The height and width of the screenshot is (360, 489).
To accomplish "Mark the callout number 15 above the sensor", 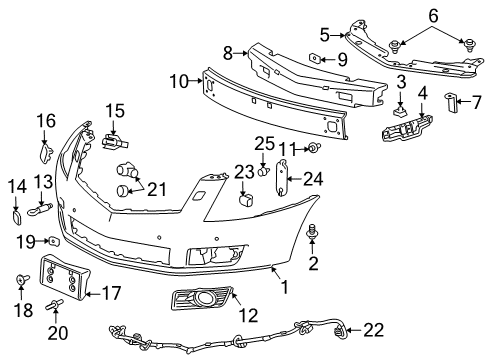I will pos(115,109).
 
